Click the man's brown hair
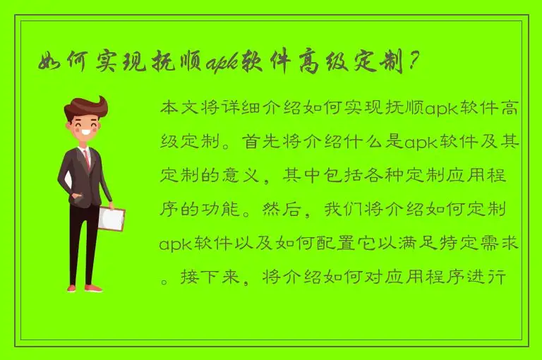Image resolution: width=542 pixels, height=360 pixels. point(85,107)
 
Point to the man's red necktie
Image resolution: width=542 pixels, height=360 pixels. point(88,158)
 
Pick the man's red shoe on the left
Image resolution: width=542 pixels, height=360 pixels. point(72,287)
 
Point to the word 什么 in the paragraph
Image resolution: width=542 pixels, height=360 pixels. point(366,143)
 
